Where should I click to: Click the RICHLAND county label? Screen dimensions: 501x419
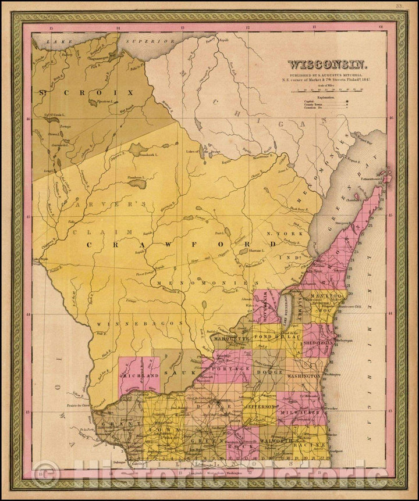139,377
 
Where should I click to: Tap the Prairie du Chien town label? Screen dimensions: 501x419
77,405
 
